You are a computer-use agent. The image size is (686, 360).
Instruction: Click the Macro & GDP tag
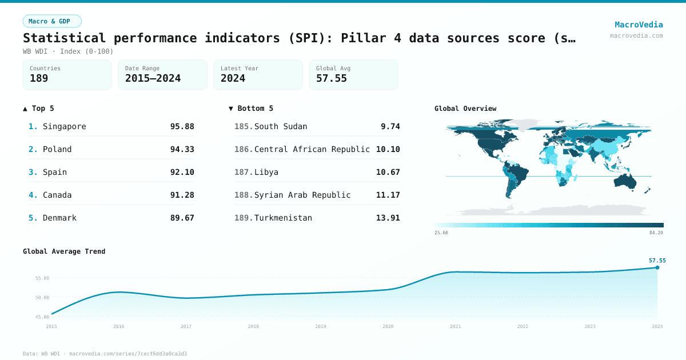(x=52, y=21)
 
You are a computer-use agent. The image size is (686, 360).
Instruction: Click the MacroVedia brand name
(x=639, y=25)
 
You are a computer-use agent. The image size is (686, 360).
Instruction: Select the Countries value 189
(x=39, y=78)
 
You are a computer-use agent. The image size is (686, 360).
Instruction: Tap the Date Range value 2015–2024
(x=153, y=78)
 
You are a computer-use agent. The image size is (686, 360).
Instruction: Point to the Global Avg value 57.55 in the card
(x=332, y=78)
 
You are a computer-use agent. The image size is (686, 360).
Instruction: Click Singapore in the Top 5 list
(x=64, y=126)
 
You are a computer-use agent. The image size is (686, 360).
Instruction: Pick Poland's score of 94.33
(x=182, y=149)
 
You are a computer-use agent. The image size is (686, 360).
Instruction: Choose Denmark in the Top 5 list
(x=59, y=218)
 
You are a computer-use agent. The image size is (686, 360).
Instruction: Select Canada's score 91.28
(x=182, y=195)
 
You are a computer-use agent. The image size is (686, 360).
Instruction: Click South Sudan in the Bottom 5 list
(x=281, y=126)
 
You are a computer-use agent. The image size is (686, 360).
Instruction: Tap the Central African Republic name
(x=312, y=149)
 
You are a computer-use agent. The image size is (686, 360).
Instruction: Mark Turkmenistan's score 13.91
(x=388, y=218)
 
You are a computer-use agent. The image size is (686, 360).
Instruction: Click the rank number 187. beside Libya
(x=244, y=172)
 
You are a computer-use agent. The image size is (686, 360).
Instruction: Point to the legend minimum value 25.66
(x=441, y=233)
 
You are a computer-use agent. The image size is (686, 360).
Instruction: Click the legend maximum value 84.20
(x=656, y=233)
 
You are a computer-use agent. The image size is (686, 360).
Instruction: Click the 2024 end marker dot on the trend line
(x=657, y=267)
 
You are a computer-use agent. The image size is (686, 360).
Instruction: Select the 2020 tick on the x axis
(x=388, y=326)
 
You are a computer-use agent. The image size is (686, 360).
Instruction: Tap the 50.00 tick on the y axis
(x=42, y=297)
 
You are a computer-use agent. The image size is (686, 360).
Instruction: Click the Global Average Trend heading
(x=64, y=251)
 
